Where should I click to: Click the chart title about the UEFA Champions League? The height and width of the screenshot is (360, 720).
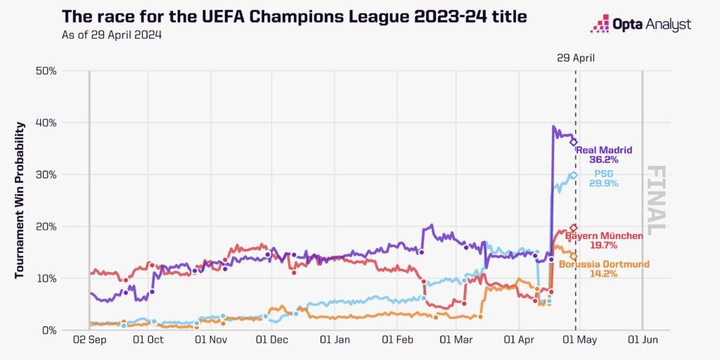(x=294, y=16)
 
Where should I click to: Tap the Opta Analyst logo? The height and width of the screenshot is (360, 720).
(x=641, y=25)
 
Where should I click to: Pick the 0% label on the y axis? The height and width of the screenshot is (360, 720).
(x=49, y=330)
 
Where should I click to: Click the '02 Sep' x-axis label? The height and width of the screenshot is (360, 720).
(x=89, y=340)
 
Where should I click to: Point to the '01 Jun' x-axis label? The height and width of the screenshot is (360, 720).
(x=643, y=340)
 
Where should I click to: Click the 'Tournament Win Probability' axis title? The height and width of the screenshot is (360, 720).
(x=20, y=200)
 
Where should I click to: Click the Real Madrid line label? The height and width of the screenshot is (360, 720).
(x=604, y=150)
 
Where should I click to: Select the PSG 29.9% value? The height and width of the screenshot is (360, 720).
(x=604, y=183)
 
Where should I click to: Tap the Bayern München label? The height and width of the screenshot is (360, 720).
(x=604, y=236)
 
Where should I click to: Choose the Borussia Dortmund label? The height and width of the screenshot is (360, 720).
(x=604, y=264)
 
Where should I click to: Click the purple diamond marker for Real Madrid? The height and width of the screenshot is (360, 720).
(x=574, y=142)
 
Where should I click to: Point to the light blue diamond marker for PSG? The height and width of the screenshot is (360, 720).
(x=574, y=175)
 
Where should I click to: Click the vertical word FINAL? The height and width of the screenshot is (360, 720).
(x=655, y=200)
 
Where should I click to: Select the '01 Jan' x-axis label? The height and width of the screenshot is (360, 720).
(x=335, y=340)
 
